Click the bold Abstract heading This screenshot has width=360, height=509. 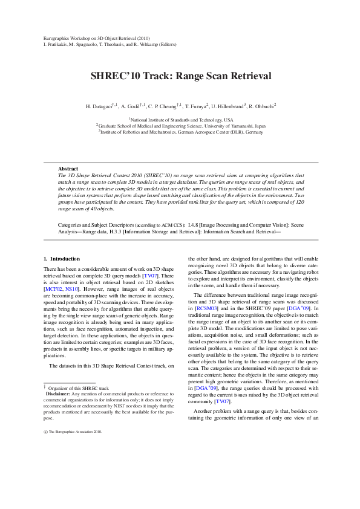[68, 168]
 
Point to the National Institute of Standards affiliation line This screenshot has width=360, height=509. [181, 120]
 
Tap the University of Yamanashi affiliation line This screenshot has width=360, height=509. [180, 126]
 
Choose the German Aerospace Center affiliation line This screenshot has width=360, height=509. [180, 131]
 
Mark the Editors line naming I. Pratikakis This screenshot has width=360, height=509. [110, 45]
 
